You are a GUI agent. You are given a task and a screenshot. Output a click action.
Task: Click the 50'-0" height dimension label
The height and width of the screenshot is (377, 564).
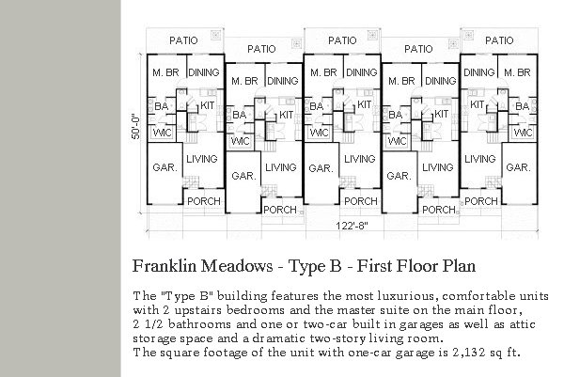[x=135, y=127]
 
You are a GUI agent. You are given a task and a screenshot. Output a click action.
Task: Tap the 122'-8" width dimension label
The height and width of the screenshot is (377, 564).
[x=352, y=226]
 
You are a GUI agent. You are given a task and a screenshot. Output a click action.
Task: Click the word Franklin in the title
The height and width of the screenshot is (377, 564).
[x=164, y=266]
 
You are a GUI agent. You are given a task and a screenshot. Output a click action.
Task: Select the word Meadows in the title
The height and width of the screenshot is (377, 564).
[x=237, y=266]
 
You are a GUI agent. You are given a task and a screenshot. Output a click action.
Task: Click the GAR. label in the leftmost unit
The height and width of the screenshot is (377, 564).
[x=165, y=167]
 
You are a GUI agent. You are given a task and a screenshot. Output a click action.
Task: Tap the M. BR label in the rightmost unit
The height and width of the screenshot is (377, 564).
[x=517, y=72]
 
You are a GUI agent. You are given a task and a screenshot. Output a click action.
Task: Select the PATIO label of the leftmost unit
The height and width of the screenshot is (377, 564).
[x=183, y=40]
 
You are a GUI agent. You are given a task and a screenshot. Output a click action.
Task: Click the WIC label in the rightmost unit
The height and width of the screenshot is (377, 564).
[x=523, y=133]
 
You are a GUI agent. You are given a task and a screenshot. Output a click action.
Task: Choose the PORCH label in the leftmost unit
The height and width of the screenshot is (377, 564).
[x=204, y=201]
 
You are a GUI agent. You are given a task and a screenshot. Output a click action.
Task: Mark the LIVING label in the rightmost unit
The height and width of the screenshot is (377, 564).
[x=479, y=159]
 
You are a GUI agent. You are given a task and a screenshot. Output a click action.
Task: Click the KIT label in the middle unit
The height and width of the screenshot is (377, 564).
[x=364, y=104]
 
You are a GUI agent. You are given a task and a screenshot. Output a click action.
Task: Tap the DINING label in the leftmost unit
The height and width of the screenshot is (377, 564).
[x=204, y=72]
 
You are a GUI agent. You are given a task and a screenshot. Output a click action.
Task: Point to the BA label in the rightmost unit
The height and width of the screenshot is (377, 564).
[x=523, y=106]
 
